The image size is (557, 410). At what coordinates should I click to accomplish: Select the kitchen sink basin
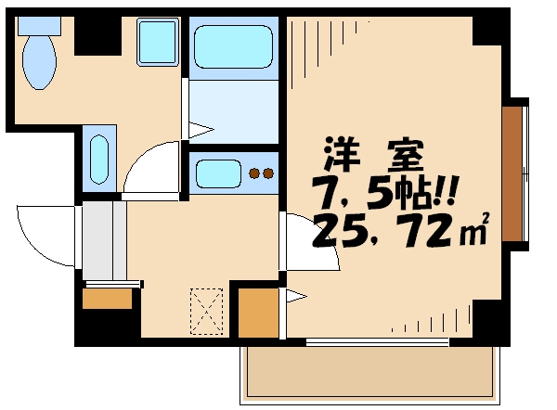218,173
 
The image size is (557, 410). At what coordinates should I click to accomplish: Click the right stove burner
267,173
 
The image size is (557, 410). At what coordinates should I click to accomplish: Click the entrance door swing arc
42,237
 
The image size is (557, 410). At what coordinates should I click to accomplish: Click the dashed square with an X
207,311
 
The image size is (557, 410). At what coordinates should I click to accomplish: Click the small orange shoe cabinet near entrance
107,299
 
